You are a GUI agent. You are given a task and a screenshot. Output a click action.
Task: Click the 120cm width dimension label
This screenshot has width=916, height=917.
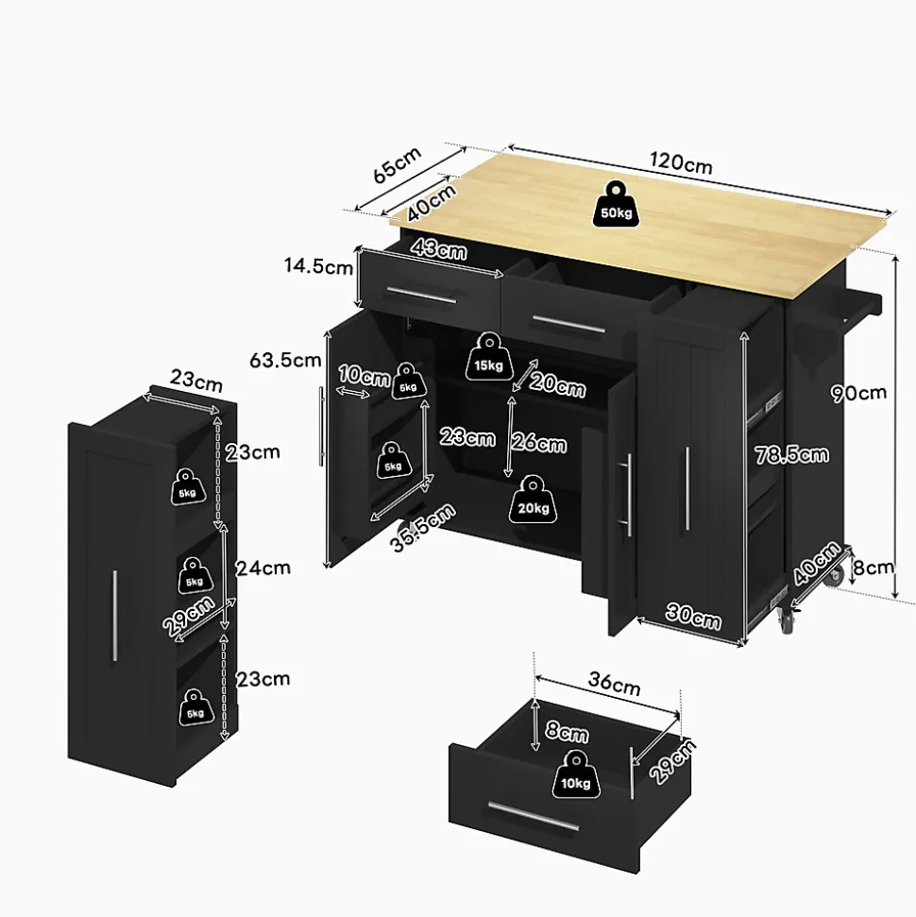coord(681,163)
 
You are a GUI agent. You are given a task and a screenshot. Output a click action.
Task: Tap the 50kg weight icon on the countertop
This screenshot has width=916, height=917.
coord(616,204)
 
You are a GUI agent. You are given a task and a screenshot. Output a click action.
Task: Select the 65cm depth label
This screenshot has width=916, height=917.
coord(398,164)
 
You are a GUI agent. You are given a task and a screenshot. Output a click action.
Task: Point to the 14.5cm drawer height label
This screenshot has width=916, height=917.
coord(319,266)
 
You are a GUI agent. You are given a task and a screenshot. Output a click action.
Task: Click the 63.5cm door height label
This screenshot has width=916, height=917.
coord(285,360)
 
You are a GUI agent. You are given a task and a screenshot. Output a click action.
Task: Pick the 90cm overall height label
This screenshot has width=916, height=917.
coord(858,393)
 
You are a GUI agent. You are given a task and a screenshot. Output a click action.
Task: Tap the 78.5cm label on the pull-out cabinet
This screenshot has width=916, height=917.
coord(791,454)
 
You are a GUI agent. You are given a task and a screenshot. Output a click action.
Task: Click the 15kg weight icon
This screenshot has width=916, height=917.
coord(488,357)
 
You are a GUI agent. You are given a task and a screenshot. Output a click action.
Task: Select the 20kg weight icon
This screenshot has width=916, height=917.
coord(533,499)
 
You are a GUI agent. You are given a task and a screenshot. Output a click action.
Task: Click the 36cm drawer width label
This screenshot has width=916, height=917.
coord(614,683)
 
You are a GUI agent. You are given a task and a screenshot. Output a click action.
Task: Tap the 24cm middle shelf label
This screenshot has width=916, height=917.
coord(263,568)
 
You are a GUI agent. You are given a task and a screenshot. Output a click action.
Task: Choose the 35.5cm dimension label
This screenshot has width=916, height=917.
coord(422,528)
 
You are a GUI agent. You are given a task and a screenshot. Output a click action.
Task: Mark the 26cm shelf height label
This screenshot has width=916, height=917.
coord(538,443)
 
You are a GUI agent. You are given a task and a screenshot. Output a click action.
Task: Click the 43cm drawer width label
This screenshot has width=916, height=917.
coord(439,248)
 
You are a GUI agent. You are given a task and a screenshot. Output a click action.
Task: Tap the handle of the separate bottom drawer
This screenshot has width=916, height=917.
coord(534,816)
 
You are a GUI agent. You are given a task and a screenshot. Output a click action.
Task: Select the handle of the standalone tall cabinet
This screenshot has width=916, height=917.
coord(114,616)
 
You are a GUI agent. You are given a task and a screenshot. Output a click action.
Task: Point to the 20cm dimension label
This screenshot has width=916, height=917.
coord(557,385)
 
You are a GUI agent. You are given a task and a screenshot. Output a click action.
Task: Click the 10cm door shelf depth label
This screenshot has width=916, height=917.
coord(364,376)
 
